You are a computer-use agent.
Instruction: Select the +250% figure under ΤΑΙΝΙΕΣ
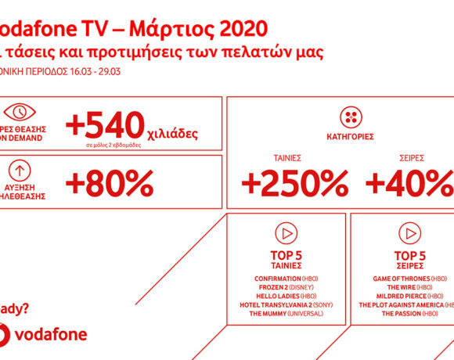[x=294, y=184]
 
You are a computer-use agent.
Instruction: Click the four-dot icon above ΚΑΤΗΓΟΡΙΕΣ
[x=351, y=118]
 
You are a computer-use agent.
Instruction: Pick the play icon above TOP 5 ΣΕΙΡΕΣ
[x=409, y=233]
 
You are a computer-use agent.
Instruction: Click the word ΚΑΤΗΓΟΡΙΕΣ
[x=351, y=137]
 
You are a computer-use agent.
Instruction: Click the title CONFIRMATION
[x=276, y=279]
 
